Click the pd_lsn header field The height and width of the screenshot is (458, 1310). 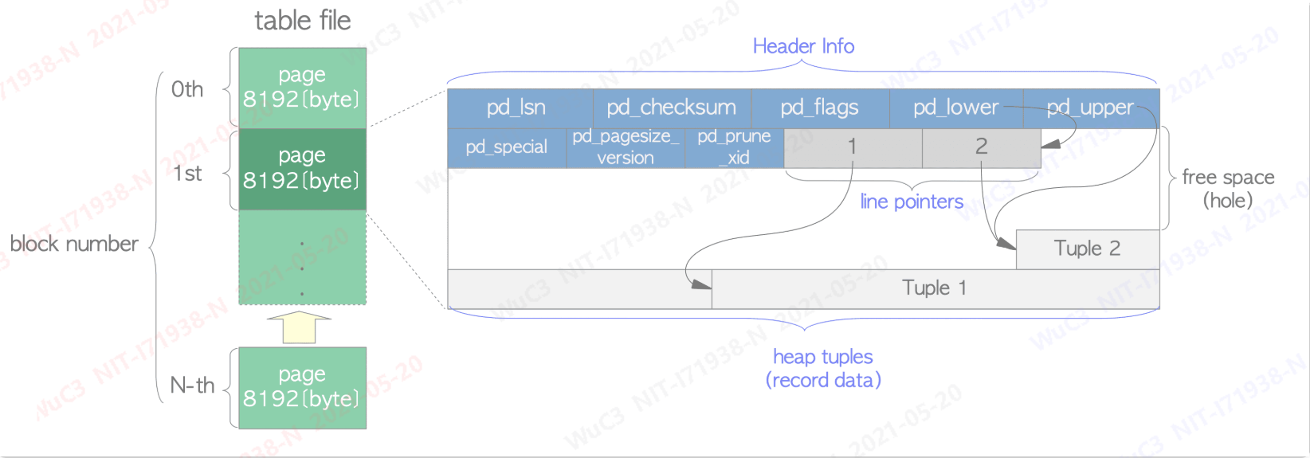516,108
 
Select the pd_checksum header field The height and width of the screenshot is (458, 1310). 671,108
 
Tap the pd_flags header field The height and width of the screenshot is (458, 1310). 819,108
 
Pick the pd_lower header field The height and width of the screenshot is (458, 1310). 955,108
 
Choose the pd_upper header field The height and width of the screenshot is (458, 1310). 1090,108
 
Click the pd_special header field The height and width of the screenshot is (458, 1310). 506,147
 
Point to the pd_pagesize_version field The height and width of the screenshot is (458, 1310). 626,147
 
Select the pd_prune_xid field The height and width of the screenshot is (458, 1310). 734,147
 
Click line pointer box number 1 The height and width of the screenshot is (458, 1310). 852,147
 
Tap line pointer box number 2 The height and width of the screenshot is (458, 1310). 981,147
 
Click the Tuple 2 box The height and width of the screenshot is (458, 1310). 1087,249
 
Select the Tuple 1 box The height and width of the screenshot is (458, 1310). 934,288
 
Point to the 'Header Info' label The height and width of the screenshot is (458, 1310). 803,46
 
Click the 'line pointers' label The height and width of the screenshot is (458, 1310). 912,202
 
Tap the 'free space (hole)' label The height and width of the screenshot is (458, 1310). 1228,189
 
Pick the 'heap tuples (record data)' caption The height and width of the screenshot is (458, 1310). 823,368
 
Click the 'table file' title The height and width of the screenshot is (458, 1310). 303,21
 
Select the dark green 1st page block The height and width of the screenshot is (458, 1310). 302,169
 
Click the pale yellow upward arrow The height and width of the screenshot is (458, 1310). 299,327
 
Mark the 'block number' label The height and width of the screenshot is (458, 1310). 74,244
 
